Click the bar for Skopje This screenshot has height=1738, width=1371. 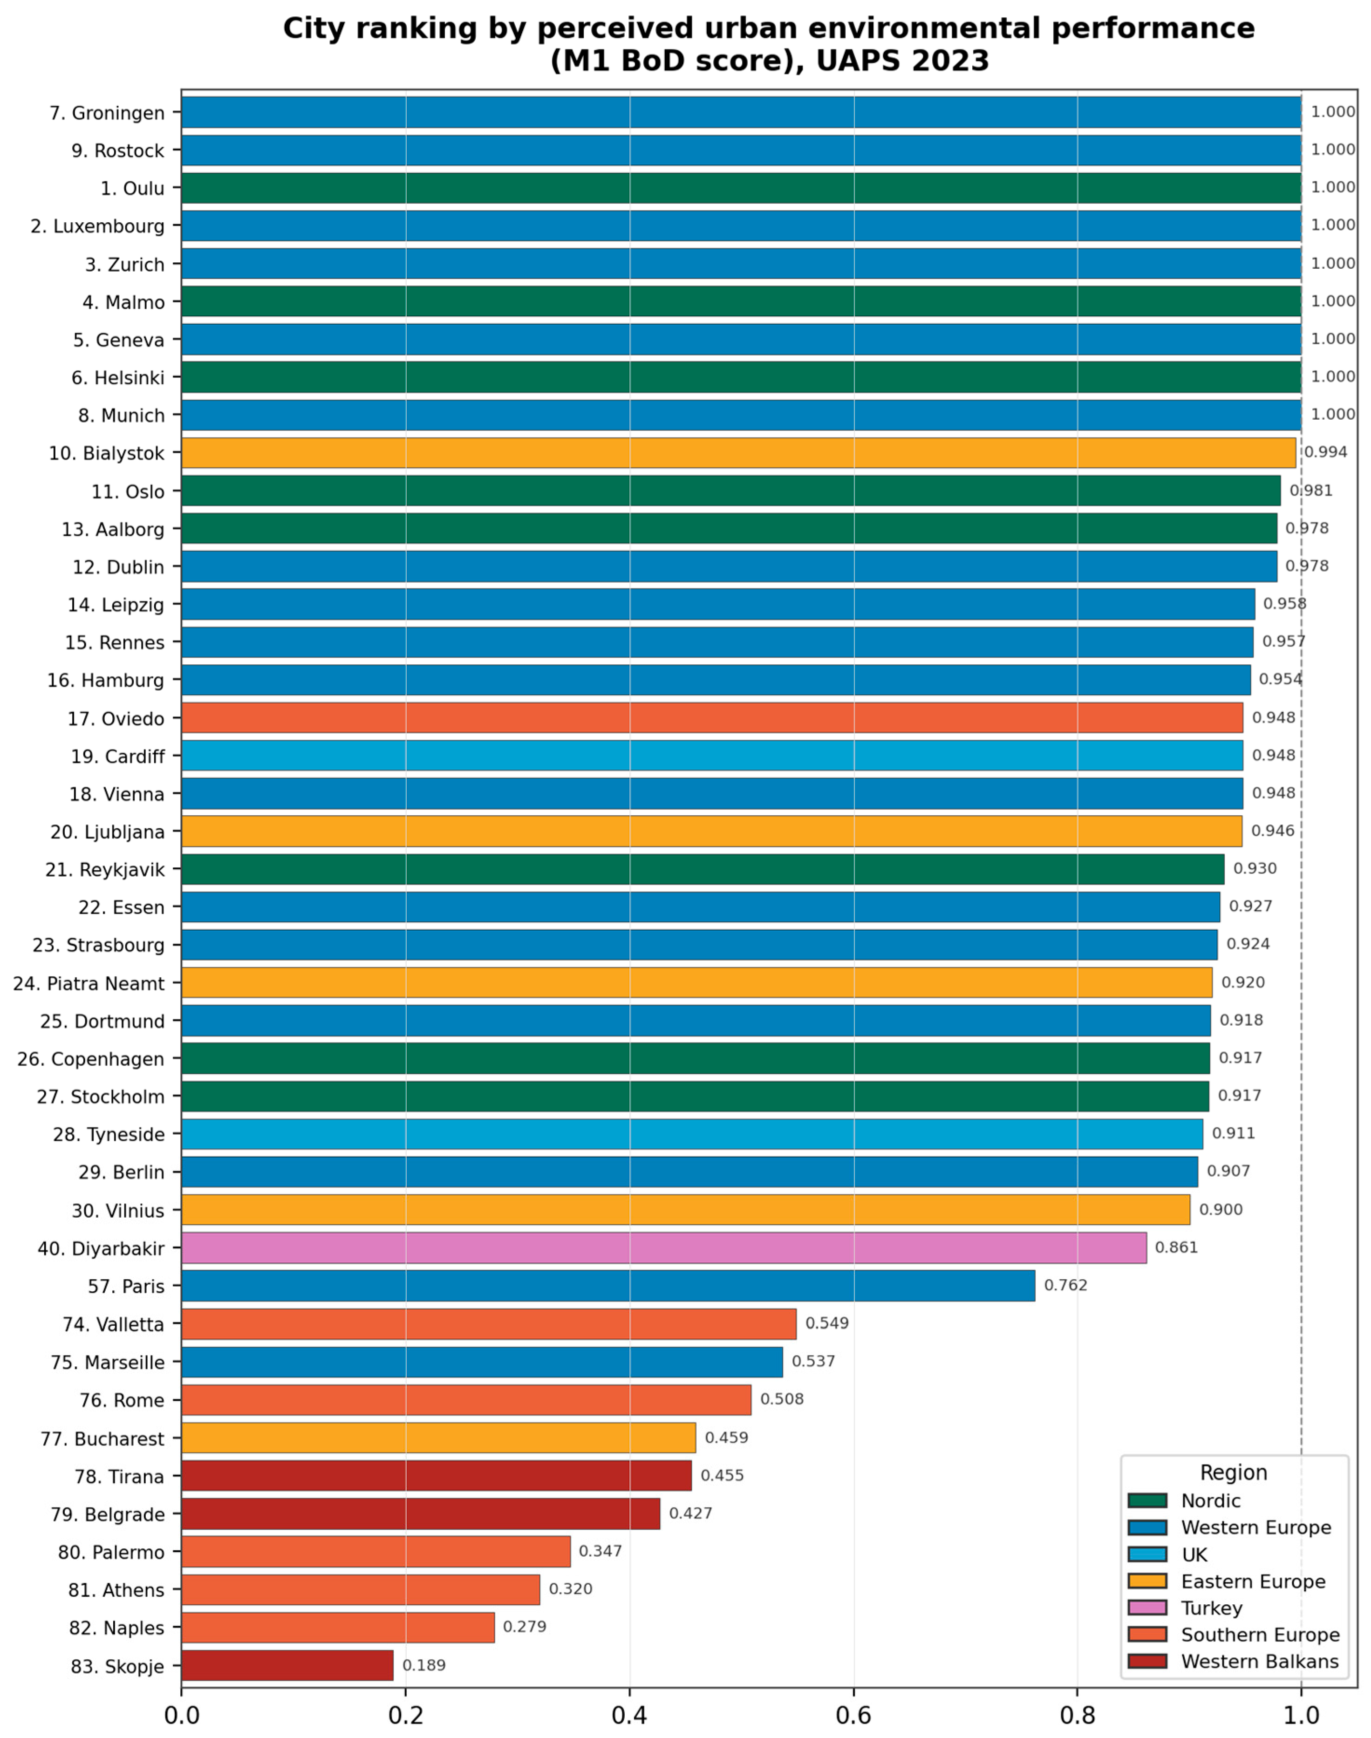(287, 1666)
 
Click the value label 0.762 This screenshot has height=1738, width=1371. (1065, 1285)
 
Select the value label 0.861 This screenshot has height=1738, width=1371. (1176, 1247)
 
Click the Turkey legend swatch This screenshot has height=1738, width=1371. (1147, 1608)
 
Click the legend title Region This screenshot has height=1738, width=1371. (1234, 1473)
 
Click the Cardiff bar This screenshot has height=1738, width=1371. (712, 756)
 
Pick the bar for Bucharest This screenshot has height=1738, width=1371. (438, 1438)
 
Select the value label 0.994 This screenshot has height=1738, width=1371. (1325, 452)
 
